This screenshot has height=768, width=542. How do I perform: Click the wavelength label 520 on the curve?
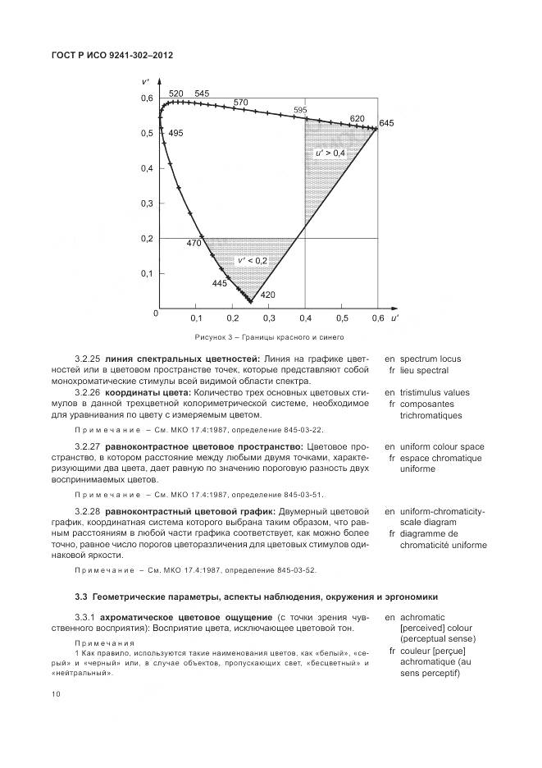[x=175, y=94]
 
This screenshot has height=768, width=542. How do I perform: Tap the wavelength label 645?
[x=387, y=123]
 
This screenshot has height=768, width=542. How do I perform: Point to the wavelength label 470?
[x=194, y=244]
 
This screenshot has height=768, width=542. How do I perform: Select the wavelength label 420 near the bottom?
[x=267, y=295]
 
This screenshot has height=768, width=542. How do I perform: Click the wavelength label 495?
[x=175, y=133]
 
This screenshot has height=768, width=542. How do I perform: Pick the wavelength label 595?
[x=300, y=110]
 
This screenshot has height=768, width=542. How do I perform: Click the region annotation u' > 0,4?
[x=330, y=153]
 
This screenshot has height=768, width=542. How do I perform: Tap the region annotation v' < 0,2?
[x=253, y=261]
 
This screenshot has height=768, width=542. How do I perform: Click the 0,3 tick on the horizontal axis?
[x=270, y=318]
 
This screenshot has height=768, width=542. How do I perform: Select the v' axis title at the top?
[x=144, y=82]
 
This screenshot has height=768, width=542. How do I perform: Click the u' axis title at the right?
[x=394, y=317]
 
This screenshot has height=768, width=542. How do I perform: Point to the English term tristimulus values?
[x=440, y=392]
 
